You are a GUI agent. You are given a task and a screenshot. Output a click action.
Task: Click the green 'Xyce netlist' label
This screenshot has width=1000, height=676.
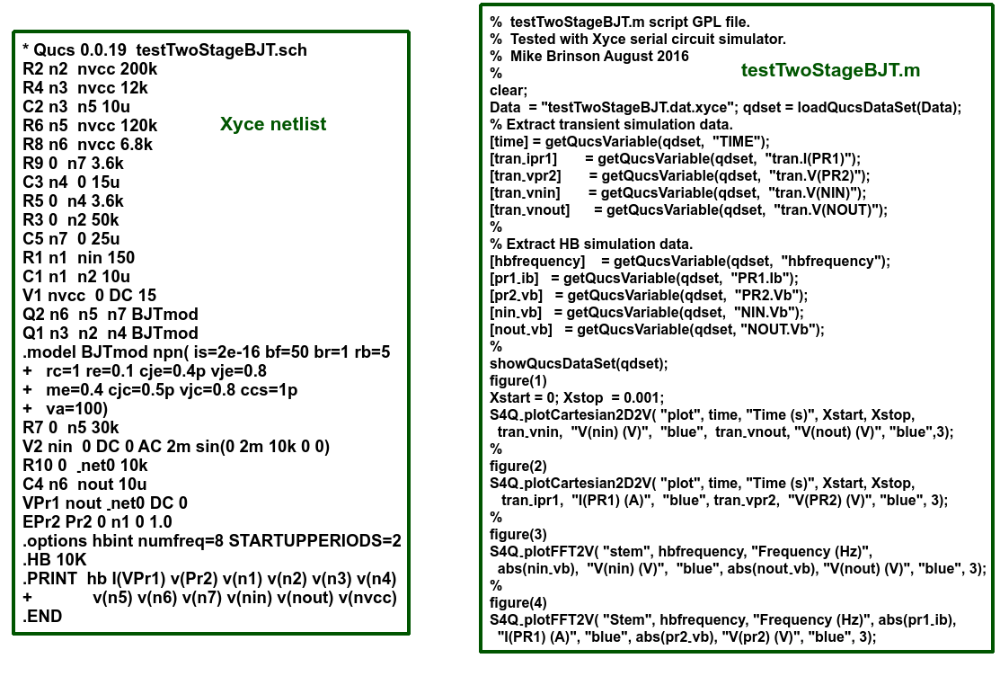[273, 124]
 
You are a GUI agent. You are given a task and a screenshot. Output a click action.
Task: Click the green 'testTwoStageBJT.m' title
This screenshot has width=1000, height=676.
[830, 70]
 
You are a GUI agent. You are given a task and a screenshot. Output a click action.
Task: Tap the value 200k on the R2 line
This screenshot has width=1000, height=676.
[138, 69]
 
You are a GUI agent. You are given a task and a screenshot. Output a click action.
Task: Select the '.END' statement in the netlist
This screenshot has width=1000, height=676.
[43, 616]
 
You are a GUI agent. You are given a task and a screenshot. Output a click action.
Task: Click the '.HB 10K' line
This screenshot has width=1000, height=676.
[54, 559]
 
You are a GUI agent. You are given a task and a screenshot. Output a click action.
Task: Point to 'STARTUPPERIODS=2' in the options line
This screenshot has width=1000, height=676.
[315, 540]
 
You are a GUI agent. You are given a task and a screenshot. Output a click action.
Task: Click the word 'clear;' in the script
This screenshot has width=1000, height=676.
[509, 90]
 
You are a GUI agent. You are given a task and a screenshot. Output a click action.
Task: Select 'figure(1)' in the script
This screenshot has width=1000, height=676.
[518, 380]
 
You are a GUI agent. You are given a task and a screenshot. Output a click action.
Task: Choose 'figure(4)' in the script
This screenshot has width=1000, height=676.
[518, 602]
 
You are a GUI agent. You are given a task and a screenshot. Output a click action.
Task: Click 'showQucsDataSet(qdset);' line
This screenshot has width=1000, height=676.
[580, 363]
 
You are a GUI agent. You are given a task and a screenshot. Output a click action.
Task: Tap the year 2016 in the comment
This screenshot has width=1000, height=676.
[672, 56]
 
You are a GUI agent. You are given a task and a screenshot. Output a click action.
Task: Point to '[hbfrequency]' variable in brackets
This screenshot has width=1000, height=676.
[537, 261]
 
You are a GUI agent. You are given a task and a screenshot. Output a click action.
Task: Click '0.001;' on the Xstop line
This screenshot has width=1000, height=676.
[643, 397]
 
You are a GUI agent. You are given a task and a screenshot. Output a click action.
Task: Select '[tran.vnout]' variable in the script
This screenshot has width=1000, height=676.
[530, 210]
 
